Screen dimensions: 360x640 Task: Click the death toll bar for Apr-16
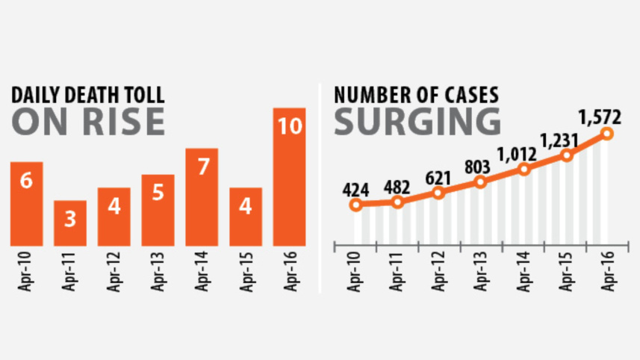pos(289,177)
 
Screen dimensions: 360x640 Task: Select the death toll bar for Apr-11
pos(70,223)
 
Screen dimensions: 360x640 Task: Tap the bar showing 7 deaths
pos(202,197)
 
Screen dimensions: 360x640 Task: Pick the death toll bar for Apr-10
pos(26,204)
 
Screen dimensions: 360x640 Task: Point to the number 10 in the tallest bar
pos(289,125)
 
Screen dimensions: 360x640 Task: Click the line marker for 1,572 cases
pos(607,134)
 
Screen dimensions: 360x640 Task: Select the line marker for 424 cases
pos(355,205)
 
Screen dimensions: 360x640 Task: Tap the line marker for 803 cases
pos(481,181)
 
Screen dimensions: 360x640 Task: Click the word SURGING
pos(417,122)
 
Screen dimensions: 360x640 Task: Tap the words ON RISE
pos(87,122)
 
